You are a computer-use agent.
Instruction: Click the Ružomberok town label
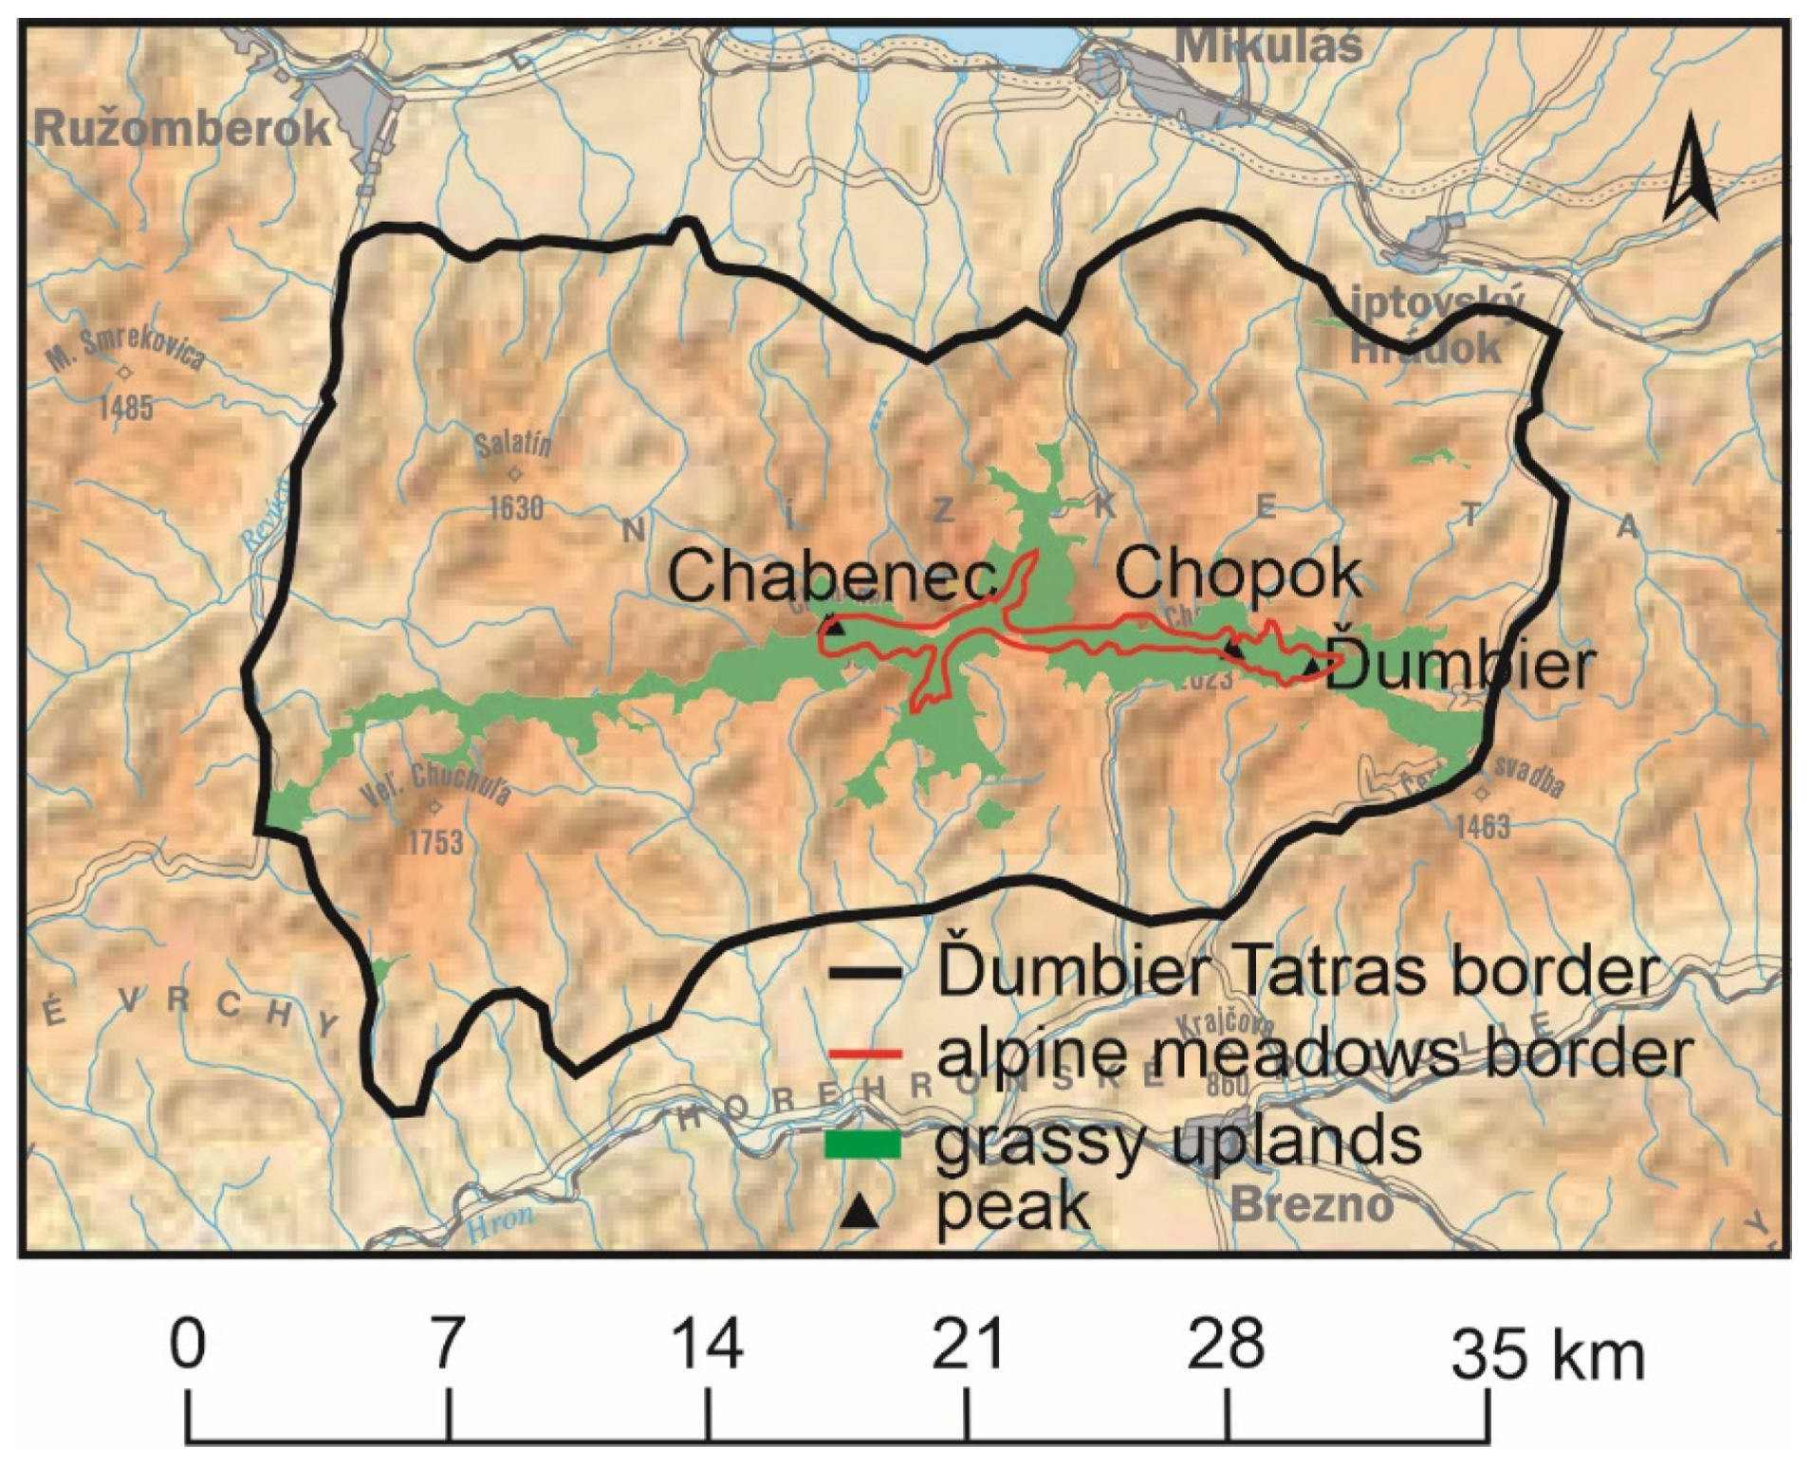tap(182, 129)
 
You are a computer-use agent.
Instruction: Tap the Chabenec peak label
tap(832, 576)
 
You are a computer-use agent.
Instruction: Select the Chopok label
tap(1239, 573)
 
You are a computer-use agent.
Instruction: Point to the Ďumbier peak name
tap(1465, 666)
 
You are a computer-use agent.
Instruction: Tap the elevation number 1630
tap(516, 507)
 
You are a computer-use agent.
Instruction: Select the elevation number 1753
tap(435, 841)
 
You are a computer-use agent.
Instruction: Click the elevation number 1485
tap(125, 408)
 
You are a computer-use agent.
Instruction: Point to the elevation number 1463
tap(1482, 827)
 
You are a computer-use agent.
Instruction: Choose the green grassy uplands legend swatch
tap(863, 1145)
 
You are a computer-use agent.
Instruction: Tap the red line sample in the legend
tap(863, 1053)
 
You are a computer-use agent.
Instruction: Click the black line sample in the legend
tap(863, 975)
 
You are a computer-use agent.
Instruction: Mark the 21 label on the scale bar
tap(967, 1345)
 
